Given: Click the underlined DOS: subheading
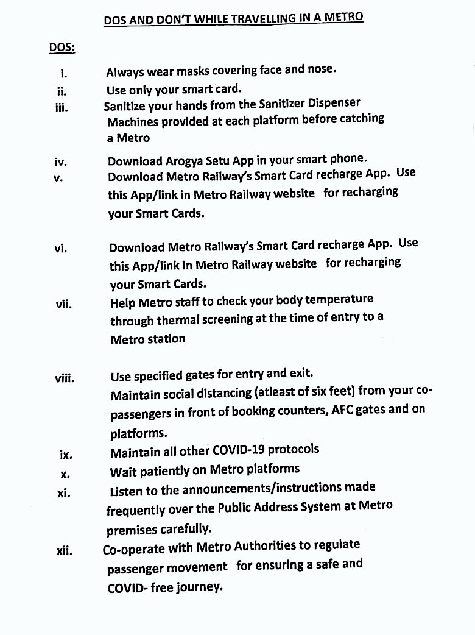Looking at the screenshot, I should tap(62, 47).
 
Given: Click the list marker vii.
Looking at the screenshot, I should tap(63, 304).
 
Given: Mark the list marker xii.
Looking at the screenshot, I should tap(64, 552).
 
